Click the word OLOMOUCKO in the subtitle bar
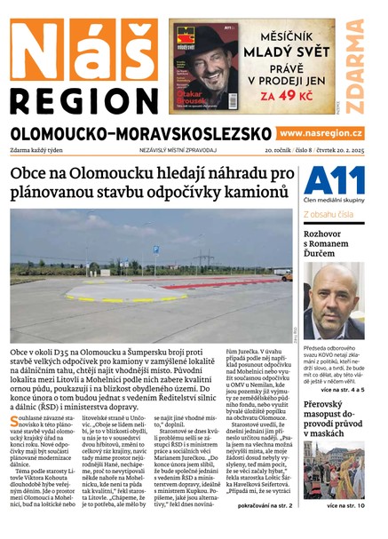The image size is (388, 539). tap(62, 133)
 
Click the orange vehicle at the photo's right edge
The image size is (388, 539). tap(286, 276)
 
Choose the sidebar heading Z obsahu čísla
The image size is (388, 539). tap(329, 215)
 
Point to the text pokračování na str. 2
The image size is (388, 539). tap(259, 506)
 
